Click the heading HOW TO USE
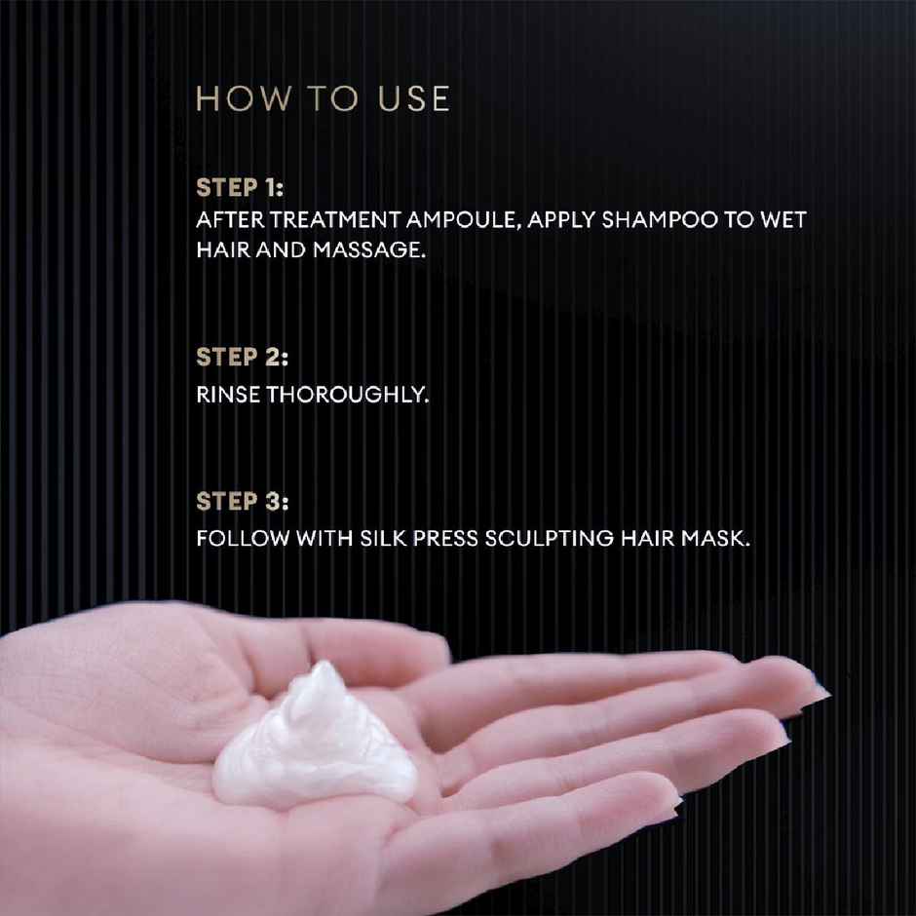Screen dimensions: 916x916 pos(323,99)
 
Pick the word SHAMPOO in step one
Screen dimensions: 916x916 pos(659,220)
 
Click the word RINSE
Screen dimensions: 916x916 pos(222,397)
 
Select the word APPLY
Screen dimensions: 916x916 pos(564,220)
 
